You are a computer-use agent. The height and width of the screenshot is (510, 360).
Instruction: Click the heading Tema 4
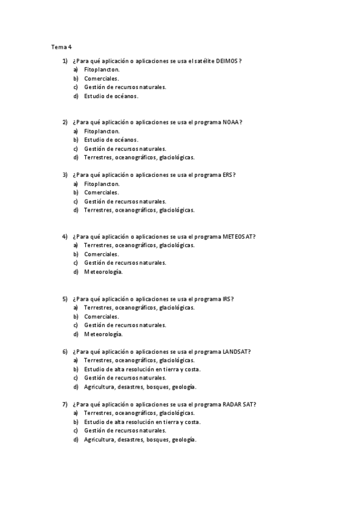[x=61, y=46]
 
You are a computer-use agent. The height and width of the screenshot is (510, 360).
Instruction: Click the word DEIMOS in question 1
[x=228, y=61]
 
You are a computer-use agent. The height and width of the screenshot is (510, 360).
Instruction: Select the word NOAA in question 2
[x=231, y=122]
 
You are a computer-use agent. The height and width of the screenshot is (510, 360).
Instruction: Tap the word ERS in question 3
[x=227, y=175]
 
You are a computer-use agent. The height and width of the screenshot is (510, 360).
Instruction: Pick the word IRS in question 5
[x=227, y=298]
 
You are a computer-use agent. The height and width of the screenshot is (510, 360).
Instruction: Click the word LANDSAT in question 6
[x=236, y=351]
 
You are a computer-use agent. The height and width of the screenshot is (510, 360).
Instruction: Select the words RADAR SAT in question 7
[x=239, y=404]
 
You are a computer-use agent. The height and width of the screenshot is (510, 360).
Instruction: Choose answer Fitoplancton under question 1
[x=102, y=70]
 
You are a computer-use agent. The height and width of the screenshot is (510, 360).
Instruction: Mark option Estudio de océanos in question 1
[x=111, y=96]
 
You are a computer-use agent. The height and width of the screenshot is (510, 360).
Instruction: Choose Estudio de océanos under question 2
[x=111, y=140]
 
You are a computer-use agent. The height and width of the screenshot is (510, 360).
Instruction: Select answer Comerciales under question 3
[x=102, y=192]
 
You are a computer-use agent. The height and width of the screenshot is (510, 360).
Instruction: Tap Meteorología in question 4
[x=103, y=272]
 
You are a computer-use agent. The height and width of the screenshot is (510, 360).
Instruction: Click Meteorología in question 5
[x=103, y=334]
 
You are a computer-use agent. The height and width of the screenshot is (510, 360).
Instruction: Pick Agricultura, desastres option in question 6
[x=140, y=387]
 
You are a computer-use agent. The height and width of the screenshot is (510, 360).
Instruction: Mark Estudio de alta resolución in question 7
[x=142, y=422]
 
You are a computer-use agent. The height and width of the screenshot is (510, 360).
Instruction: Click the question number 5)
[x=65, y=298]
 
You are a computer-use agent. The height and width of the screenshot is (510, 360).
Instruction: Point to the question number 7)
[x=65, y=404]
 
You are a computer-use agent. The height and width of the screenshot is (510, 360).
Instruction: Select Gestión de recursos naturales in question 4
[x=125, y=263]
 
